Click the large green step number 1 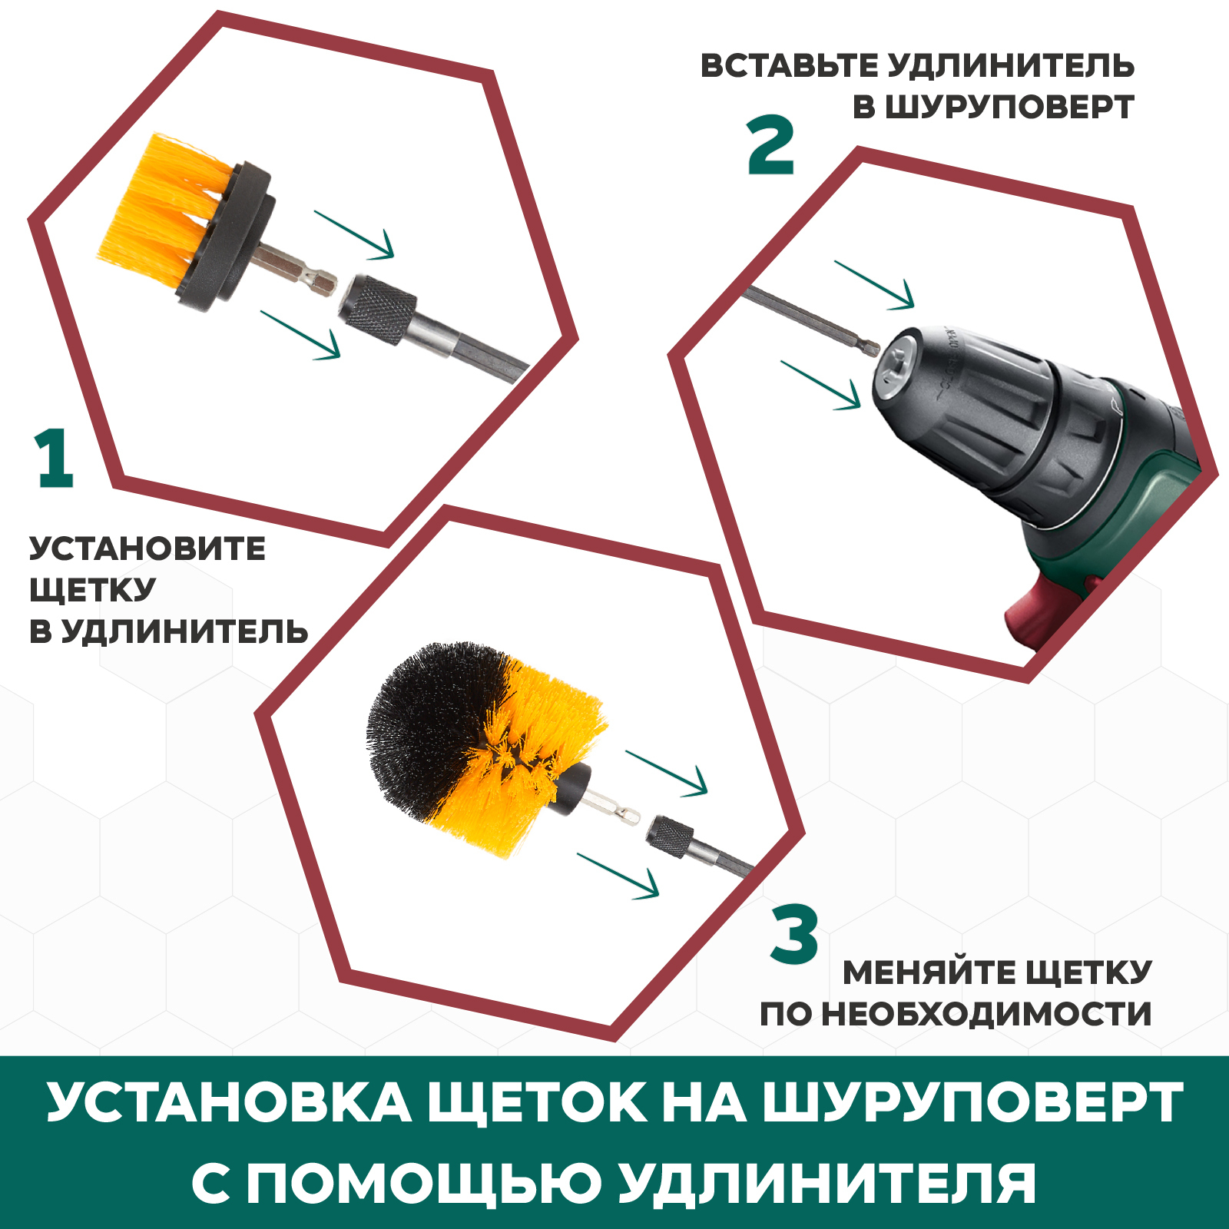coord(54,459)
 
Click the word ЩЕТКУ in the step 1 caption coord(92,590)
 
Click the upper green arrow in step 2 coord(874,285)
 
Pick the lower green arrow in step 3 coord(618,876)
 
